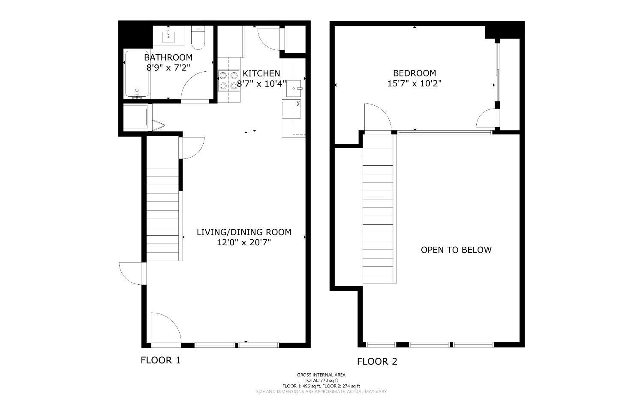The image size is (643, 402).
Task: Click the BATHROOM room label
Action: [x=168, y=57]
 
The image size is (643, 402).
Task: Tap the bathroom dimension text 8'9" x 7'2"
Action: [x=168, y=67]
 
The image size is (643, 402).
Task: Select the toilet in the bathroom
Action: [x=198, y=38]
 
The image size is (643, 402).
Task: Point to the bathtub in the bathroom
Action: [x=137, y=73]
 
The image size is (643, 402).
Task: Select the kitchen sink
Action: [x=294, y=88]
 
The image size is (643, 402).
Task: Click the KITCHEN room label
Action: [x=261, y=73]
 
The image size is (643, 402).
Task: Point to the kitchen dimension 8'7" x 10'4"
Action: [x=261, y=84]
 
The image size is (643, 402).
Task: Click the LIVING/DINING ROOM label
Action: [x=244, y=232]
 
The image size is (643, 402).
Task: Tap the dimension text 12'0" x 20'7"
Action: [x=244, y=243]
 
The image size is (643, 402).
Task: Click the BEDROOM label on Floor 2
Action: [x=415, y=73]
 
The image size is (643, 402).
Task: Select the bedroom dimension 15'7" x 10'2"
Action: [x=415, y=83]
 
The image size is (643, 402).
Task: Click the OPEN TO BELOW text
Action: [x=456, y=250]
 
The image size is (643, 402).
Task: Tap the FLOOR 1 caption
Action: [x=161, y=360]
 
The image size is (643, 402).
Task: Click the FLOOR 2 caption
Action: [x=377, y=362]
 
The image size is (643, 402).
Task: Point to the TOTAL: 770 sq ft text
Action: [x=321, y=381]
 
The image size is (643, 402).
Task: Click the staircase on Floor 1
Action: [x=162, y=215]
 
